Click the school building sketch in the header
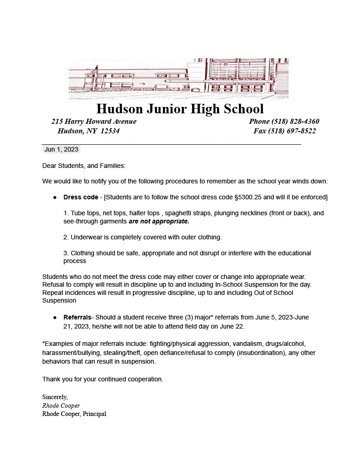click(x=178, y=78)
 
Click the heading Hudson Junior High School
click(x=180, y=109)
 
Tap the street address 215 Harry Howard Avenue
click(x=94, y=122)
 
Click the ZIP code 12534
click(x=110, y=131)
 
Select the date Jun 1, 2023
click(x=61, y=149)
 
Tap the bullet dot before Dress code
click(x=55, y=198)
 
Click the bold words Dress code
click(x=81, y=197)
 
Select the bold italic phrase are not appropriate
click(x=158, y=221)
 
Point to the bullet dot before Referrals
click(x=55, y=317)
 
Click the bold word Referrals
click(x=77, y=317)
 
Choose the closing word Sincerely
click(x=55, y=397)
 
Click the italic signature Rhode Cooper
click(x=61, y=405)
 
